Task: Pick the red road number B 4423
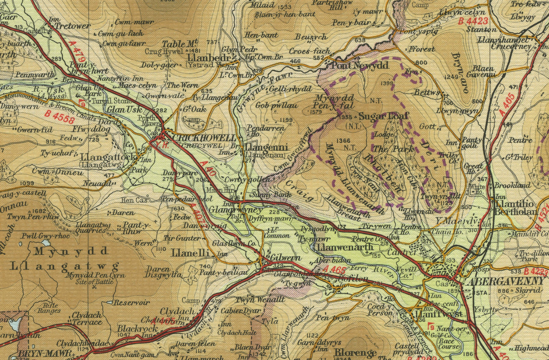coord(473,21)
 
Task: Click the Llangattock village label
coord(108,157)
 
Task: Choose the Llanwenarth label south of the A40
coord(345,247)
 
